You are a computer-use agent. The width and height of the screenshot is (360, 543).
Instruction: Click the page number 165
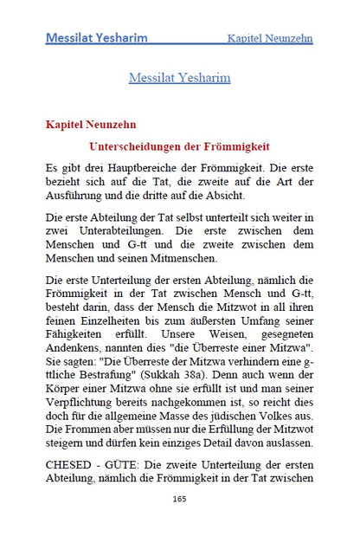click(x=180, y=499)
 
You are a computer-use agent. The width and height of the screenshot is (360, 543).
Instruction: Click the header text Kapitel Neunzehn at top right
click(x=269, y=39)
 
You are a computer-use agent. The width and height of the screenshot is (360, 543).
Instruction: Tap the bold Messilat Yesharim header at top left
click(x=96, y=38)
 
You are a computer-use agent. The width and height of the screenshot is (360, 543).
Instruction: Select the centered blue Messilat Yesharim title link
click(x=179, y=78)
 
